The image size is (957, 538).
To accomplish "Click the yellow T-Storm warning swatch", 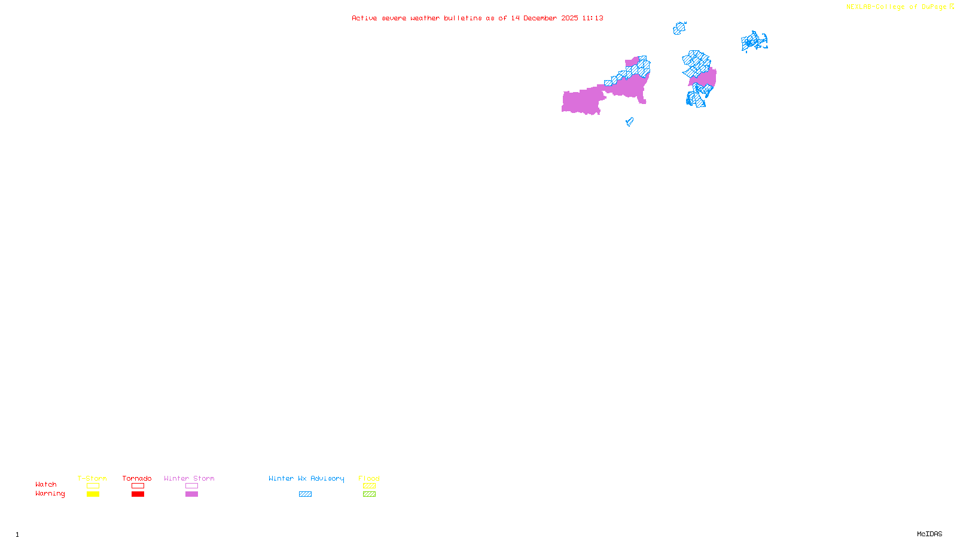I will coord(93,494).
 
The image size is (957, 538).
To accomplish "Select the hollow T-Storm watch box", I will coord(93,486).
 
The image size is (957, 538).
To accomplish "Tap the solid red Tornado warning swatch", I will coord(138,494).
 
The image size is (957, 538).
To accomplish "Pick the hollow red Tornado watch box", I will coord(138,486).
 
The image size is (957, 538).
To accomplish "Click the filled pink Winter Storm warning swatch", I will coord(191,494).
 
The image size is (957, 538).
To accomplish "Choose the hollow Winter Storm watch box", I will coord(191,486).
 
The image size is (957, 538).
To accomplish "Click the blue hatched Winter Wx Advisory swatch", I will coord(305,494).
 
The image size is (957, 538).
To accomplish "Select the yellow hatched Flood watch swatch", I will coord(369,486).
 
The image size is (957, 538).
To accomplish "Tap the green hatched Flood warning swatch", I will coord(369,494).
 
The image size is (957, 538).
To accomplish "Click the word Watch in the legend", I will coord(46,485).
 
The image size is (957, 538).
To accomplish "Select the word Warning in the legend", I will coord(50,494).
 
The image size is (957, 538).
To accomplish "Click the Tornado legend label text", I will coord(137,478).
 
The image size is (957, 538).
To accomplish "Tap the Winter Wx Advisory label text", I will coord(306,478).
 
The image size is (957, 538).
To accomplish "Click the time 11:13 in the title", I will coord(592,18).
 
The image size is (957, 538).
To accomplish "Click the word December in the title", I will coord(541,18).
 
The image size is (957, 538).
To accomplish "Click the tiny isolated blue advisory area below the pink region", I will coord(629,122).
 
